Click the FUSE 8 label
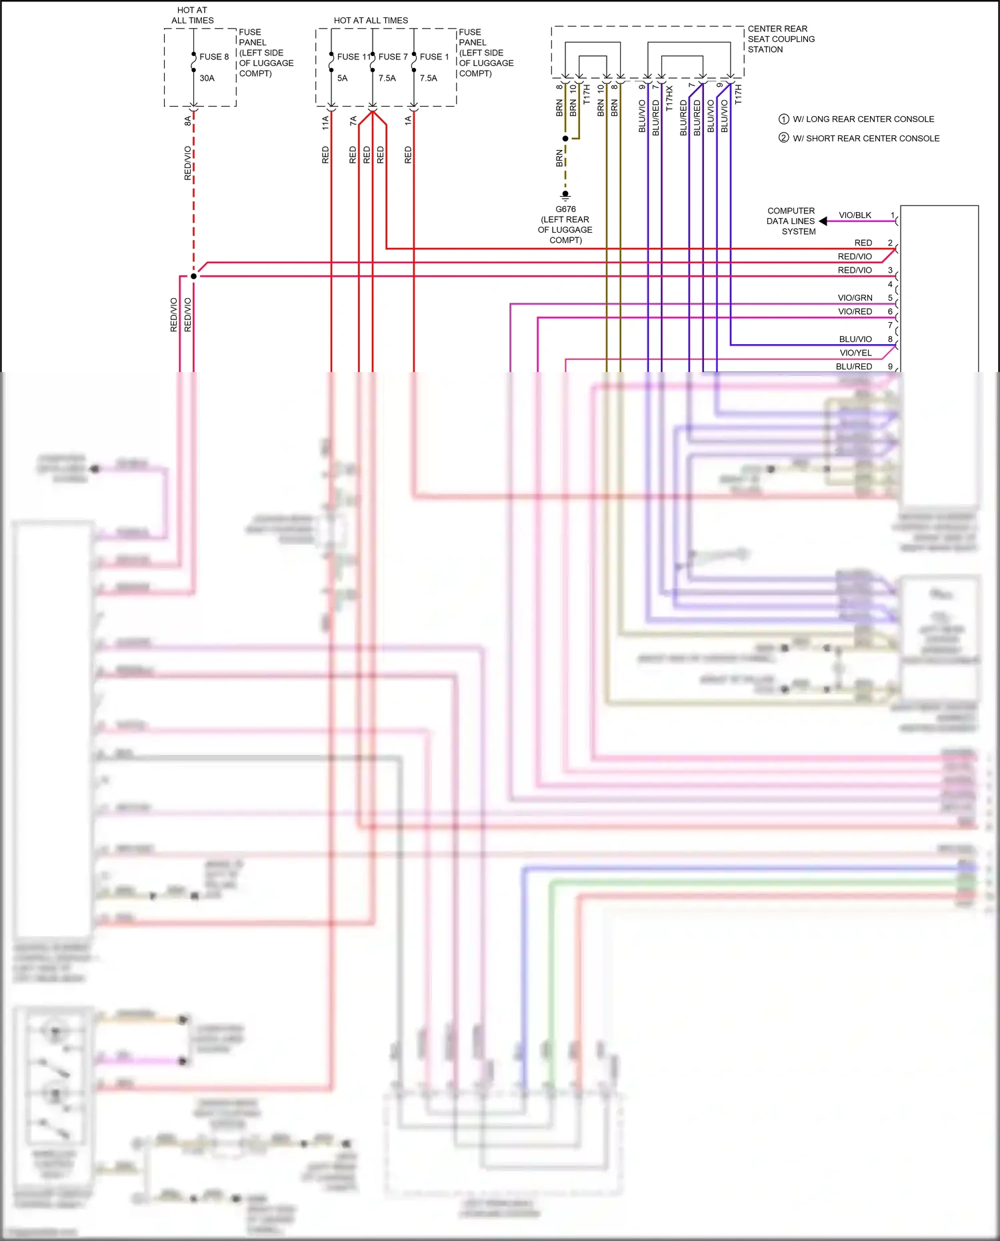(214, 57)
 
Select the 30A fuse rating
(207, 78)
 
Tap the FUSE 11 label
(353, 57)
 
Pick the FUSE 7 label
(393, 57)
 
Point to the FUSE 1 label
(434, 57)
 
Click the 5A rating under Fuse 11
(342, 78)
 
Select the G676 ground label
(565, 209)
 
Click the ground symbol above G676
(565, 195)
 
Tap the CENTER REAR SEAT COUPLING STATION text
(781, 39)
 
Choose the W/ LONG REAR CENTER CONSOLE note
(863, 119)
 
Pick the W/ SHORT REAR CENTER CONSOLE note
(865, 139)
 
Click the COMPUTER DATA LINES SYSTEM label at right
(791, 221)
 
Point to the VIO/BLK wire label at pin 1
(855, 215)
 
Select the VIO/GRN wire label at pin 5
(855, 298)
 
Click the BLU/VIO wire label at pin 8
(855, 339)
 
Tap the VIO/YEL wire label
(855, 353)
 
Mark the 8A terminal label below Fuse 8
(187, 121)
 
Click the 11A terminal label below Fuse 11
(325, 122)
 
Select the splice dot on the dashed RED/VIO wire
(193, 276)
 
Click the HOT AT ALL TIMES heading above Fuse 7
(371, 21)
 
